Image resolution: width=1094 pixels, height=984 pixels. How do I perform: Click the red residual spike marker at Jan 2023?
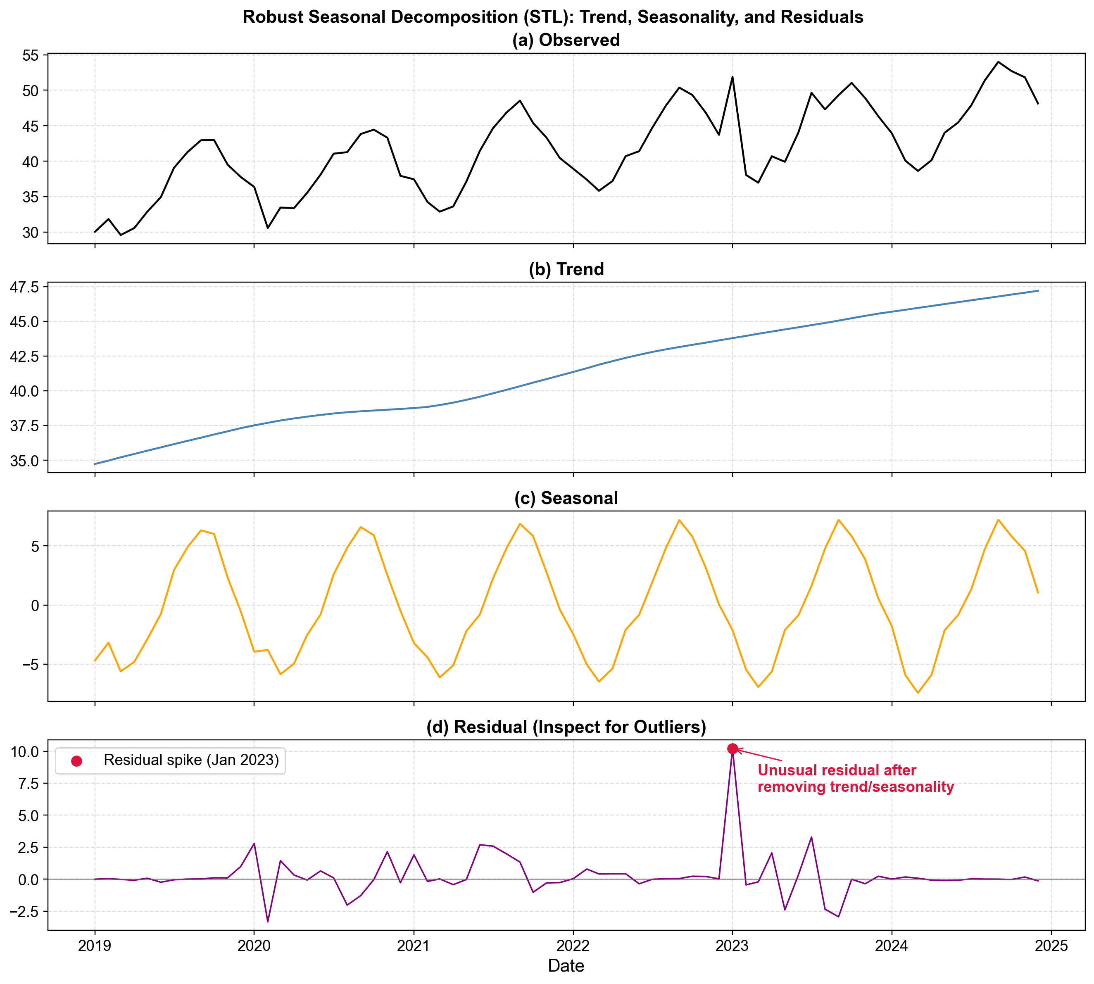pos(732,749)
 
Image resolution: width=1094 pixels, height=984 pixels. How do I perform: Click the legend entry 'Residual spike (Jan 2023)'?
pos(191,760)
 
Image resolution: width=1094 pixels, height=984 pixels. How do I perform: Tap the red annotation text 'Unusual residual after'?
pos(837,770)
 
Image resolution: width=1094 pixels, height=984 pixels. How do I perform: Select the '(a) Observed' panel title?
pos(566,40)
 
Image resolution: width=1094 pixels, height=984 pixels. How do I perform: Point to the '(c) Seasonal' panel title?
pos(566,498)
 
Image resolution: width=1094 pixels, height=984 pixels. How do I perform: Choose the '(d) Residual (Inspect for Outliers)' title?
pos(566,727)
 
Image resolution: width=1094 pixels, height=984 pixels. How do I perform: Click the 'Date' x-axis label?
pos(566,966)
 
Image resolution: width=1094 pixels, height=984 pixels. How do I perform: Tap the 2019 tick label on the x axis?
pos(95,946)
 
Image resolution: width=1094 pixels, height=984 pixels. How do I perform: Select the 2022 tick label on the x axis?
pos(573,946)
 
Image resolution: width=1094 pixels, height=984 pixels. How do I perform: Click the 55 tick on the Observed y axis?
pos(31,55)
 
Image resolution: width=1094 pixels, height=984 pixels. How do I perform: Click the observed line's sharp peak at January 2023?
pos(732,77)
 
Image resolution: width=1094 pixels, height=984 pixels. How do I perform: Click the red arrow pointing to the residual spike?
pos(760,755)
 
